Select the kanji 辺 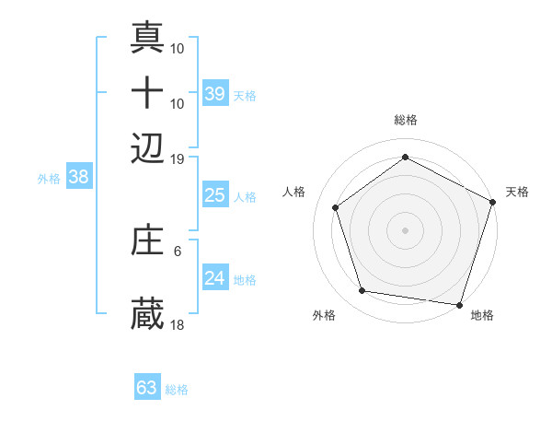pyautogui.click(x=148, y=146)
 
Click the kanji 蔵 pyautogui.click(x=148, y=313)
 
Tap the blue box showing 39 pyautogui.click(x=214, y=94)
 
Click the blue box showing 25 pyautogui.click(x=214, y=195)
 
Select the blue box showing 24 pyautogui.click(x=214, y=279)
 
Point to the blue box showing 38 pyautogui.click(x=78, y=178)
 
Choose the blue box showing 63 pyautogui.click(x=147, y=388)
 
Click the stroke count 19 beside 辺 pyautogui.click(x=178, y=158)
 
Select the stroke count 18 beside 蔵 pyautogui.click(x=178, y=324)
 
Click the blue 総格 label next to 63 pyautogui.click(x=177, y=390)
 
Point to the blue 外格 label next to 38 pyautogui.click(x=48, y=180)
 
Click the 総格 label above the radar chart pyautogui.click(x=406, y=120)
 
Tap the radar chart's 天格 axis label pyautogui.click(x=517, y=192)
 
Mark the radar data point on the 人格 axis pyautogui.click(x=336, y=207)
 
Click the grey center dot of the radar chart pyautogui.click(x=406, y=229)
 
